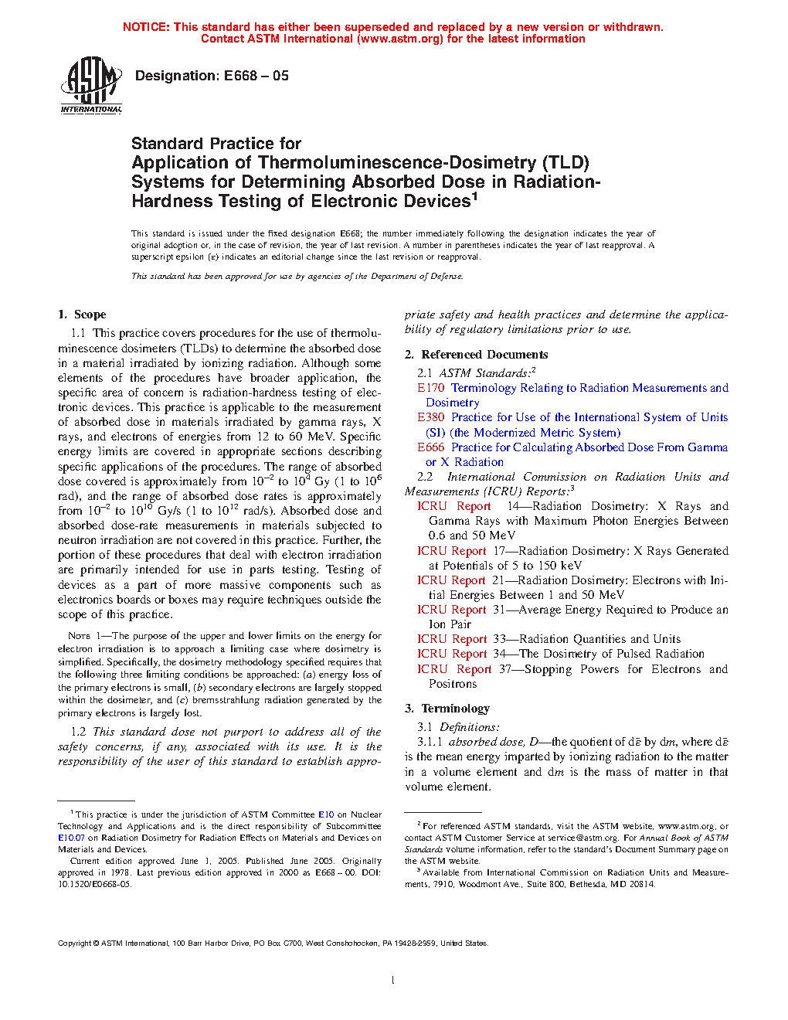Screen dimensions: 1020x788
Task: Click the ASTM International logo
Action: click(x=91, y=85)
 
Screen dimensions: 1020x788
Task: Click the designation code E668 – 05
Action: click(x=256, y=76)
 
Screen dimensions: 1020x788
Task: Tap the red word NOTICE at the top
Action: click(x=146, y=27)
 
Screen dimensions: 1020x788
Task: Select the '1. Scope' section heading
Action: click(x=82, y=314)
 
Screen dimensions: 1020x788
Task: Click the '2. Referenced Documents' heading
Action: click(x=477, y=355)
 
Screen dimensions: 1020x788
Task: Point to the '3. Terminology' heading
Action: click(x=447, y=709)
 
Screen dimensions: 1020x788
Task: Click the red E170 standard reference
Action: click(x=430, y=388)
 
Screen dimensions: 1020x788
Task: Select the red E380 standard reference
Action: click(x=430, y=417)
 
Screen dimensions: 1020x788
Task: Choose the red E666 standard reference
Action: click(x=430, y=447)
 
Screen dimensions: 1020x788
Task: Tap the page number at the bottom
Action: click(x=393, y=981)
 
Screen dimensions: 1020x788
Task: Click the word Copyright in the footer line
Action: click(x=75, y=943)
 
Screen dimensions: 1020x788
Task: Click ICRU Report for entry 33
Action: click(x=452, y=639)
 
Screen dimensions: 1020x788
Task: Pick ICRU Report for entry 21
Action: click(x=452, y=580)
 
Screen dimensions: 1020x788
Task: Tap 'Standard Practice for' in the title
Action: click(x=216, y=144)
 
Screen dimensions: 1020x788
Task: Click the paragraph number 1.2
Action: click(x=78, y=732)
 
